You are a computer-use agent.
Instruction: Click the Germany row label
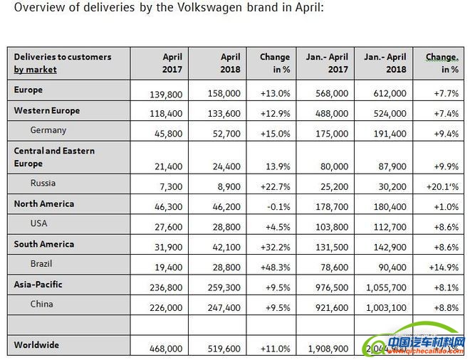(48, 130)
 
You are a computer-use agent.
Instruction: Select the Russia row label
(43, 183)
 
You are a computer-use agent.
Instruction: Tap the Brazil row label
(42, 263)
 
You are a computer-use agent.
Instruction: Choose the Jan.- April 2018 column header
(385, 63)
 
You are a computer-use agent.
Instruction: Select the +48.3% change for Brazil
(275, 268)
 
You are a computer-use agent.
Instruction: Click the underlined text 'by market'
(35, 70)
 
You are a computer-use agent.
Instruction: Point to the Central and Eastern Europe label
(54, 157)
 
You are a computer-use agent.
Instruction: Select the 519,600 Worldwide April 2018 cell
(223, 350)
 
